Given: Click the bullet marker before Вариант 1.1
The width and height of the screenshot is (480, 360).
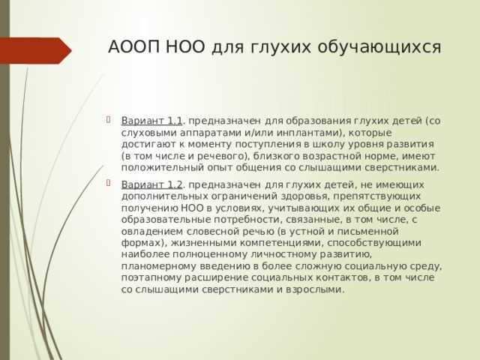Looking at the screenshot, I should click(x=110, y=120).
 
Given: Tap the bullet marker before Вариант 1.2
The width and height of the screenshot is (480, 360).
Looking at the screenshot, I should click(x=110, y=184).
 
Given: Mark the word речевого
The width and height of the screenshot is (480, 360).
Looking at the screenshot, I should click(x=213, y=156).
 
